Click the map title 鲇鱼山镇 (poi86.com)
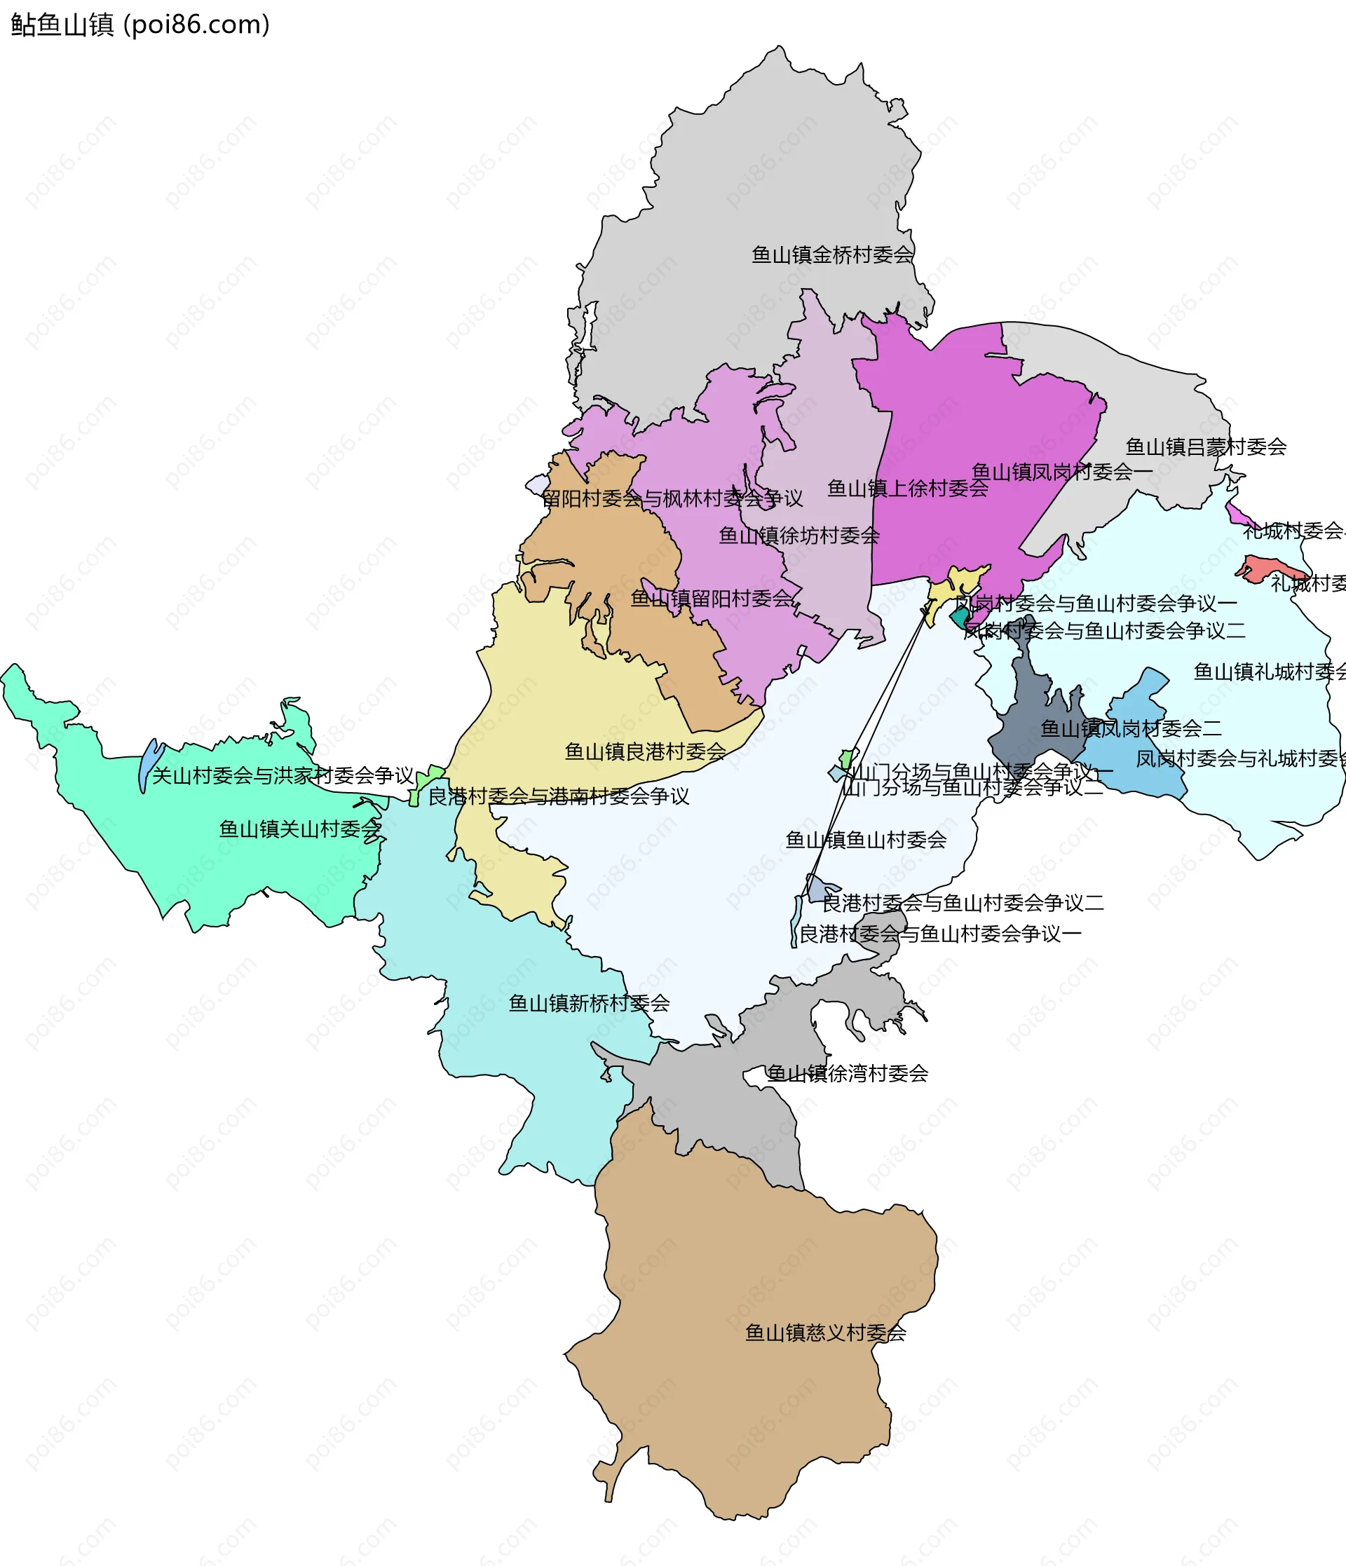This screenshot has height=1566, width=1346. tap(140, 25)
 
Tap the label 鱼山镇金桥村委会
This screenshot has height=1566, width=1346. tap(832, 254)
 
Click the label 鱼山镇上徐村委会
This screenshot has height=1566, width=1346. tap(908, 489)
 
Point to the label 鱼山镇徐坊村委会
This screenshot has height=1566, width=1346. tap(798, 536)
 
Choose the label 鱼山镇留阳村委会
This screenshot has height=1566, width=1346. tap(712, 599)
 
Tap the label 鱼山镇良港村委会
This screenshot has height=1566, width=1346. tap(646, 751)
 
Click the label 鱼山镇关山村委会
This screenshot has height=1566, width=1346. tap(300, 829)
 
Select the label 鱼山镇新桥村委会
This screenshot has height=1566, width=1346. tap(589, 1003)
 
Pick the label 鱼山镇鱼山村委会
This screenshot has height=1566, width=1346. tap(866, 840)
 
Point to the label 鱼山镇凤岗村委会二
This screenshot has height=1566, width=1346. tap(1131, 728)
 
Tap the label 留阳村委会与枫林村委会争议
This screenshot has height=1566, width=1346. tap(672, 499)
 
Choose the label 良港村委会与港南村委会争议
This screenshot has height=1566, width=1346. tap(559, 796)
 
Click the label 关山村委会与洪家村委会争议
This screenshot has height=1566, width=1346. tap(283, 775)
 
